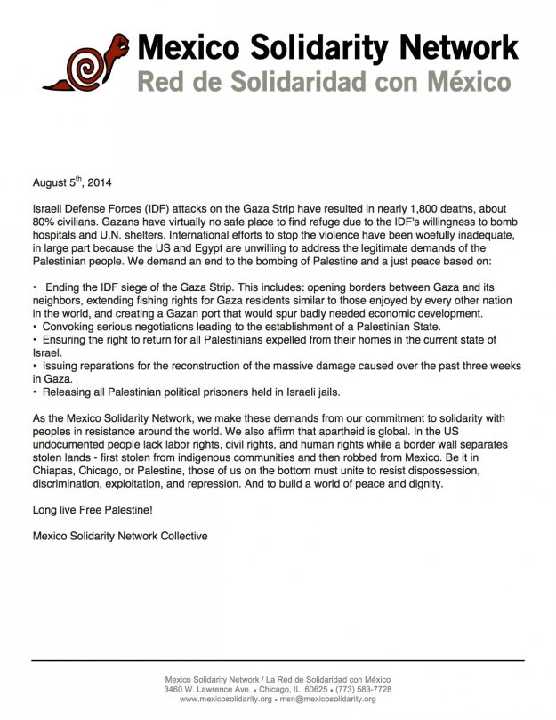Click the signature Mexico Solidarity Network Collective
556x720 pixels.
pos(119,536)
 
